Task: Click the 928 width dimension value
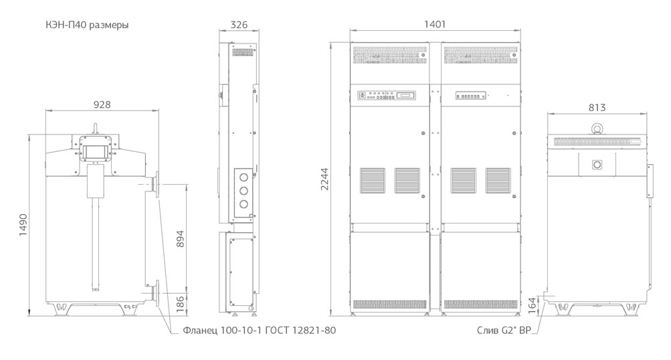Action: (102, 104)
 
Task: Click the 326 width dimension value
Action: (239, 25)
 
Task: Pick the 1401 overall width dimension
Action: (435, 24)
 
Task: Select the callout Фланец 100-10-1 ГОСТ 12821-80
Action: (258, 331)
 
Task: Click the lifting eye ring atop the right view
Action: (597, 128)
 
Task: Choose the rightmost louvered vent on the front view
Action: (498, 179)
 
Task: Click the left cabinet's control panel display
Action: (405, 96)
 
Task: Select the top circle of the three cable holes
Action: (244, 177)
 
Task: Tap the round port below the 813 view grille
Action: (597, 164)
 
